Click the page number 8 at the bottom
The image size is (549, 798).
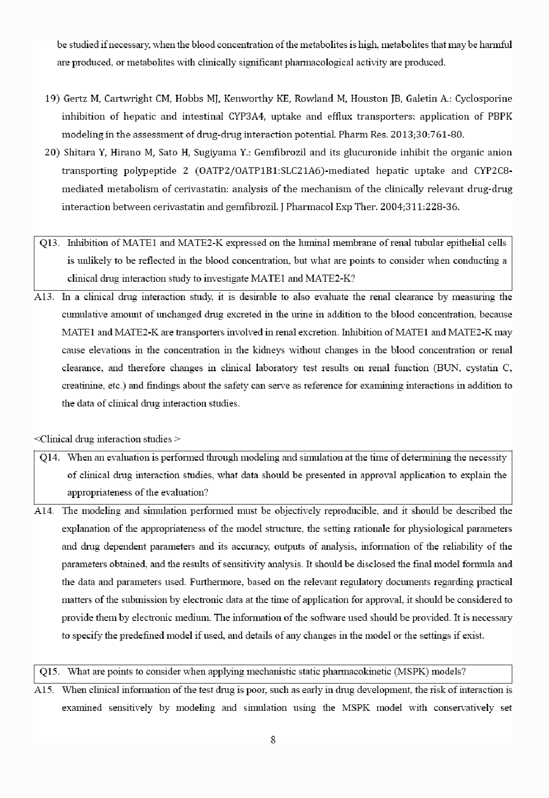tap(273, 740)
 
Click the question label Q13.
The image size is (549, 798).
tap(49, 243)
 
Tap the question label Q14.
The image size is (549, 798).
tap(49, 457)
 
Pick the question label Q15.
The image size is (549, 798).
tap(49, 671)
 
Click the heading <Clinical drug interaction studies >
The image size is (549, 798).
tap(107, 440)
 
